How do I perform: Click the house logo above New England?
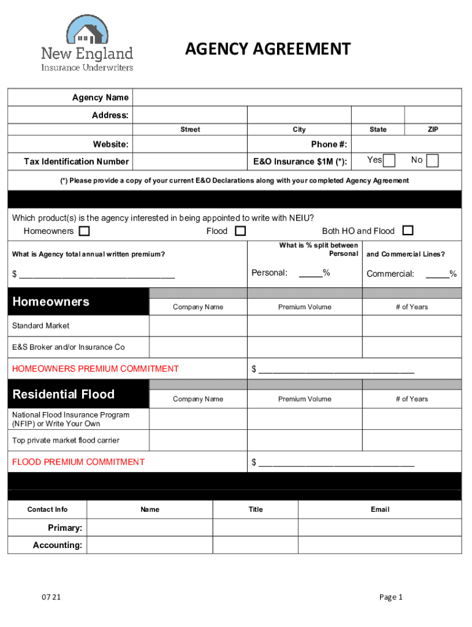pos(86,29)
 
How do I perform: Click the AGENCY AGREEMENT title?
pos(268,49)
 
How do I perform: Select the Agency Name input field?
pos(297,97)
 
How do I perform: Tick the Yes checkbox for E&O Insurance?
pos(389,160)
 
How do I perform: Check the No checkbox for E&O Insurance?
pos(432,160)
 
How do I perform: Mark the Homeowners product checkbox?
pos(84,231)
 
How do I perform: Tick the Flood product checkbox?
pos(240,231)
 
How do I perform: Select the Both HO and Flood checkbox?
pos(408,231)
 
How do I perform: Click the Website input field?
pos(189,145)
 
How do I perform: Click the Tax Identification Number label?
pos(76,162)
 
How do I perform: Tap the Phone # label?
pos(329,145)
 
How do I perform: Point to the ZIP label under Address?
pos(433,129)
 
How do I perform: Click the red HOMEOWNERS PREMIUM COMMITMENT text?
pos(96,369)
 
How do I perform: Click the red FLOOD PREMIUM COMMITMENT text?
pos(78,462)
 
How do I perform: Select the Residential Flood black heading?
pos(64,394)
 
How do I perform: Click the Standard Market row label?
pos(41,326)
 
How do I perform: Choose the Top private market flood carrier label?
pos(66,440)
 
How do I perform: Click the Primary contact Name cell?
pos(150,528)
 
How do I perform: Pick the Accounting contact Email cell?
pos(379,545)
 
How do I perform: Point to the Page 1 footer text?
pos(390,598)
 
